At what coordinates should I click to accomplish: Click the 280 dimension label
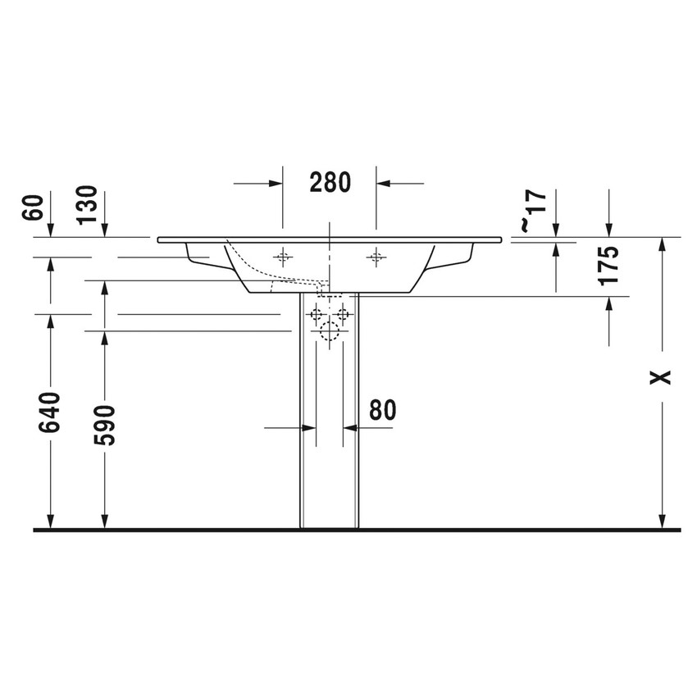(x=330, y=182)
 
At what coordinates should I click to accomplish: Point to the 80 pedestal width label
(x=382, y=410)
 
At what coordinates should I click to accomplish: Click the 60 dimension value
(x=34, y=208)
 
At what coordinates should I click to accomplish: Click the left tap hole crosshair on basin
(x=283, y=257)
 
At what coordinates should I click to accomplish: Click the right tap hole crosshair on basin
(x=376, y=257)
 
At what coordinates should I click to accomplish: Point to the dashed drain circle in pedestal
(x=330, y=330)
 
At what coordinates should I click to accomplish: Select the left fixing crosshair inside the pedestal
(x=316, y=314)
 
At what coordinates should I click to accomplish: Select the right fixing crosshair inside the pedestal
(x=343, y=314)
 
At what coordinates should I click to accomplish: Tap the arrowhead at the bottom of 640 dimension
(x=51, y=523)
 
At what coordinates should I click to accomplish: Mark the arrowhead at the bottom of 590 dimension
(x=105, y=523)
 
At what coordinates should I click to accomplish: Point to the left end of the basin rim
(x=159, y=240)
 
